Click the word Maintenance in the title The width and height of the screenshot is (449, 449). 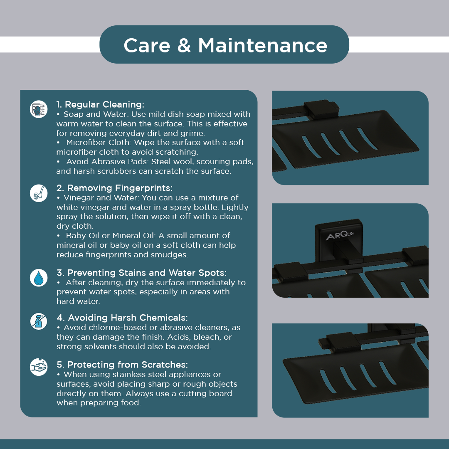263,46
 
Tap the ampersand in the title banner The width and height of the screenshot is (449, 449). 184,46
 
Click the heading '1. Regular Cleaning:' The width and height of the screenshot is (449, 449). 100,104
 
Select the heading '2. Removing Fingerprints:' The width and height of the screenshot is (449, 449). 115,188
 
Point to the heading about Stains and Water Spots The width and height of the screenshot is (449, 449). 141,273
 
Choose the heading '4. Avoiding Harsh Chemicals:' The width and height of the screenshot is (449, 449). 122,318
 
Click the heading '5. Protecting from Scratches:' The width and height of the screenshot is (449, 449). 122,365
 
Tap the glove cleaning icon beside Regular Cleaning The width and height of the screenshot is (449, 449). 39,109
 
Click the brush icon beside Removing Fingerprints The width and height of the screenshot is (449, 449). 39,193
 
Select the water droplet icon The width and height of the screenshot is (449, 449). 39,278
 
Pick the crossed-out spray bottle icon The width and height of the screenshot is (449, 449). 39,321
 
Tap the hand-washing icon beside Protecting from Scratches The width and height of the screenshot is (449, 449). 39,367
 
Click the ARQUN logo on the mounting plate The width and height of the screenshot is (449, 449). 340,235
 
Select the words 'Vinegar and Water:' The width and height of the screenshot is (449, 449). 102,198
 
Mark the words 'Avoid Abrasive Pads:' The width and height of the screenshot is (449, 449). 107,162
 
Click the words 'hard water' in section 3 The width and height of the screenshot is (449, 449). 78,301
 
